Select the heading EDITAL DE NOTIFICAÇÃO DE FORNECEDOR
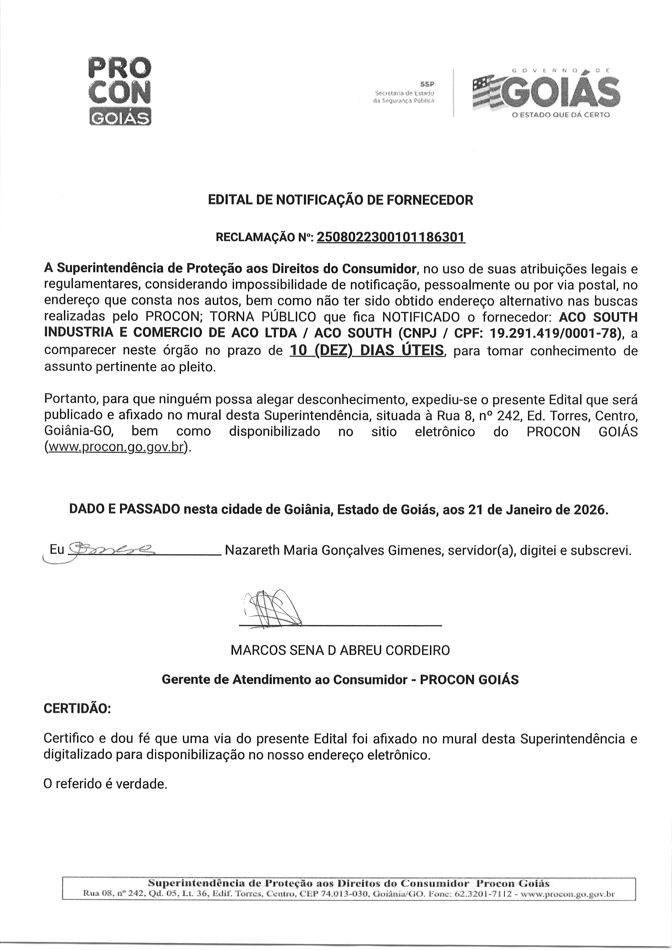[340, 200]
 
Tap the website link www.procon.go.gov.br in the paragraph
[116, 447]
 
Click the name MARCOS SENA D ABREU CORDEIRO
[340, 650]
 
